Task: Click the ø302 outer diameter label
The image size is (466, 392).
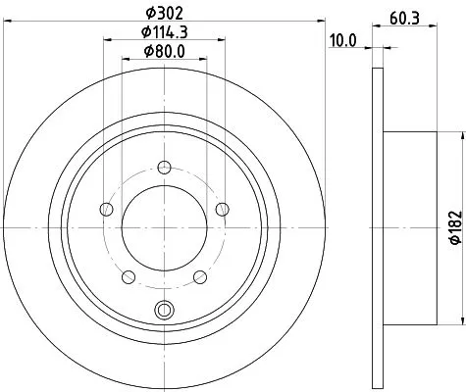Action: [x=163, y=12]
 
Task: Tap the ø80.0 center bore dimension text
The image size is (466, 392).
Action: [x=163, y=52]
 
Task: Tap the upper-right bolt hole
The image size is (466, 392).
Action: [x=222, y=207]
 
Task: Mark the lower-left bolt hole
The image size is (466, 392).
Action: [x=127, y=275]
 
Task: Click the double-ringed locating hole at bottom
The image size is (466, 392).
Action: [x=163, y=312]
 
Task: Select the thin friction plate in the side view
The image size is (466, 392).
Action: [x=377, y=225]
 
